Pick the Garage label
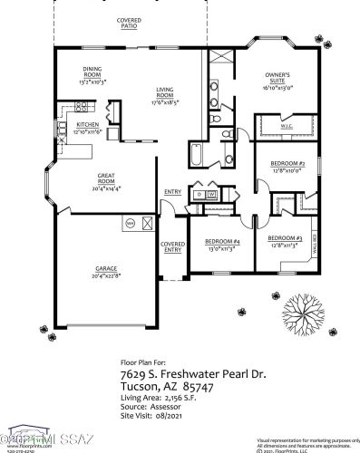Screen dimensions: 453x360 pos(107,267)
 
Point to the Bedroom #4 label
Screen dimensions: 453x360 pos(222,242)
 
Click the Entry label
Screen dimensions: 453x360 pos(172,192)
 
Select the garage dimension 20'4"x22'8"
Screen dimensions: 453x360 pos(107,276)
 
